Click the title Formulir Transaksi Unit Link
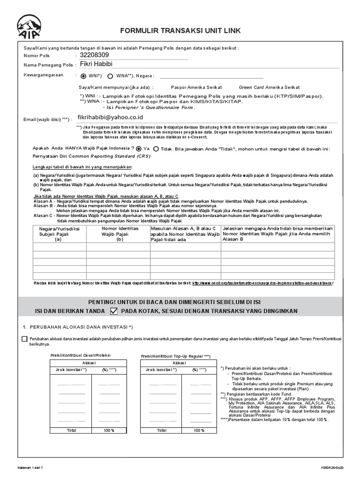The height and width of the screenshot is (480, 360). tap(180, 30)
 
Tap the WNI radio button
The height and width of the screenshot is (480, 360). tap(83, 76)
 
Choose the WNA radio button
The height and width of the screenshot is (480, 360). tap(110, 76)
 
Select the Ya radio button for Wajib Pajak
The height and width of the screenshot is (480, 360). tap(139, 149)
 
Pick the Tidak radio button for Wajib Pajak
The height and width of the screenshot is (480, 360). tap(156, 149)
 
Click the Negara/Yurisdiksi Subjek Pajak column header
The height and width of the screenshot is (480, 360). tap(59, 233)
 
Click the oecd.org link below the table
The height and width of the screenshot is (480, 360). tap(262, 283)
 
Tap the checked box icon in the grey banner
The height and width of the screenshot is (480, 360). tap(113, 311)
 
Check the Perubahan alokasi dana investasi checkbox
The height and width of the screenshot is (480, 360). tap(24, 339)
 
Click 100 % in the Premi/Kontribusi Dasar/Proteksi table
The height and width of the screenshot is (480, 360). tap(108, 430)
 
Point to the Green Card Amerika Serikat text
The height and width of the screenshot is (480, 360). tap(269, 87)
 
